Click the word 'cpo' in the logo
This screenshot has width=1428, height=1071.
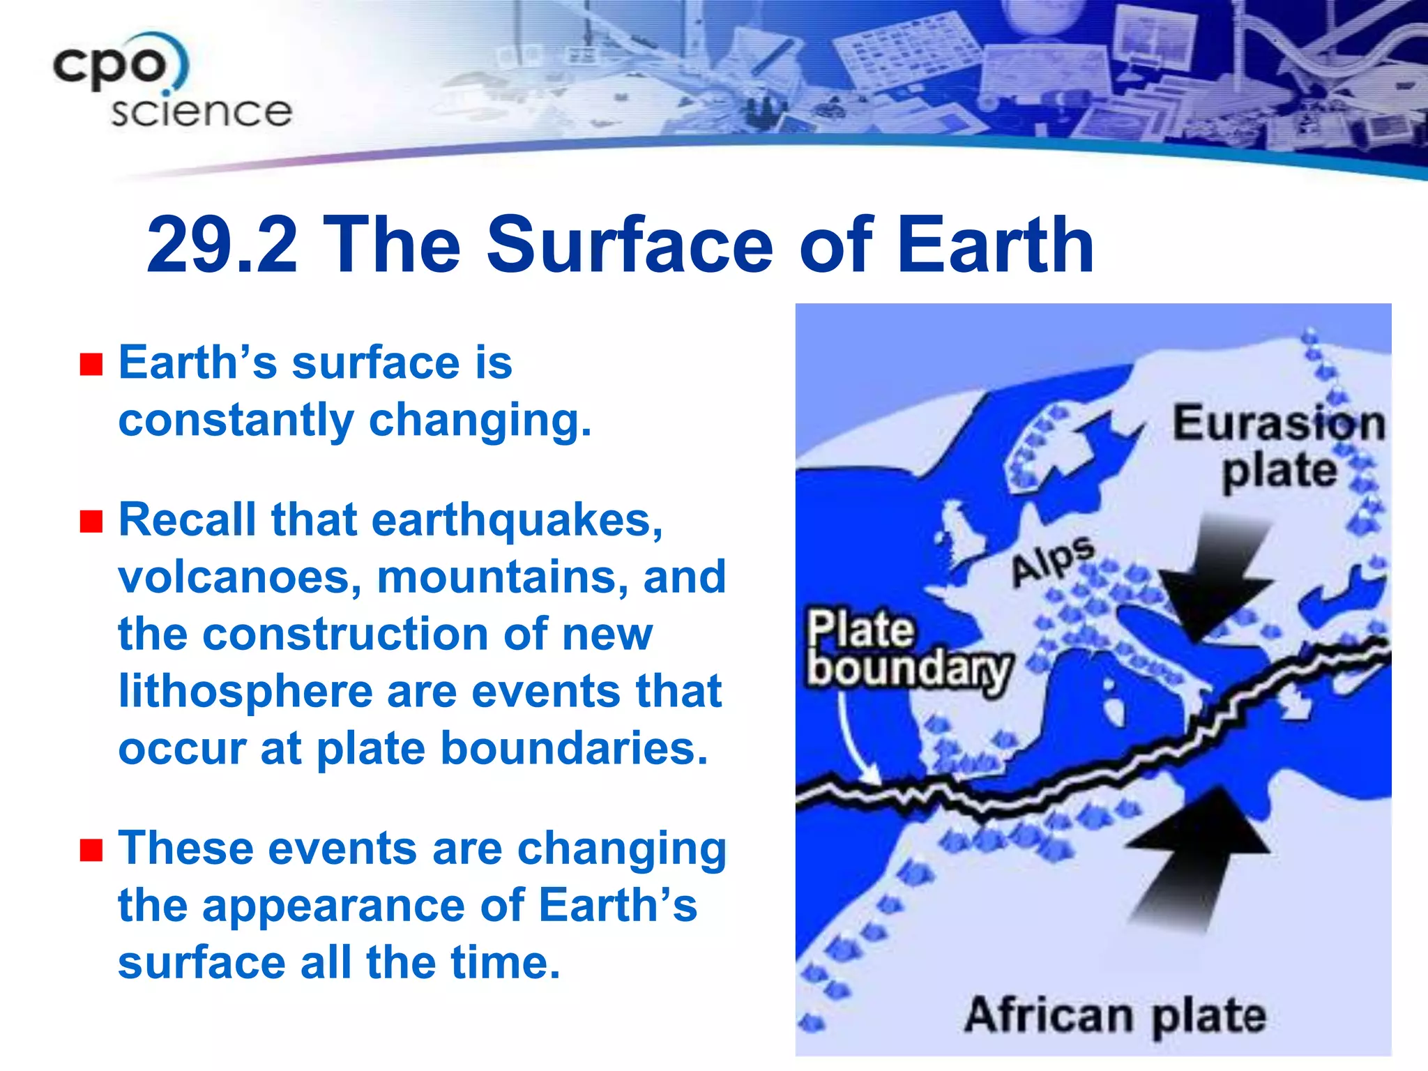[x=112, y=66]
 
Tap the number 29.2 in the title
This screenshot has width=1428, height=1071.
[x=222, y=245]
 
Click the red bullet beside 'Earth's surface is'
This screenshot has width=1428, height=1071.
[x=91, y=364]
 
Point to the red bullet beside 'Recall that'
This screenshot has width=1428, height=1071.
[x=91, y=521]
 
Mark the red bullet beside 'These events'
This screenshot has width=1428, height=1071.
[x=91, y=850]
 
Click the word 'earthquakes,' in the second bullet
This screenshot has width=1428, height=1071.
[x=516, y=521]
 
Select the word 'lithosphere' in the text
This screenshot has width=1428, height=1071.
[x=245, y=692]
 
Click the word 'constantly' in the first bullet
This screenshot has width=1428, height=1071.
[x=236, y=420]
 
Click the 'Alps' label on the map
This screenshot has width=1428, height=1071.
[x=1053, y=561]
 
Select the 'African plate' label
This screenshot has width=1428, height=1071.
[x=1116, y=1015]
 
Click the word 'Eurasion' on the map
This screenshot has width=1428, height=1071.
[x=1277, y=424]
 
